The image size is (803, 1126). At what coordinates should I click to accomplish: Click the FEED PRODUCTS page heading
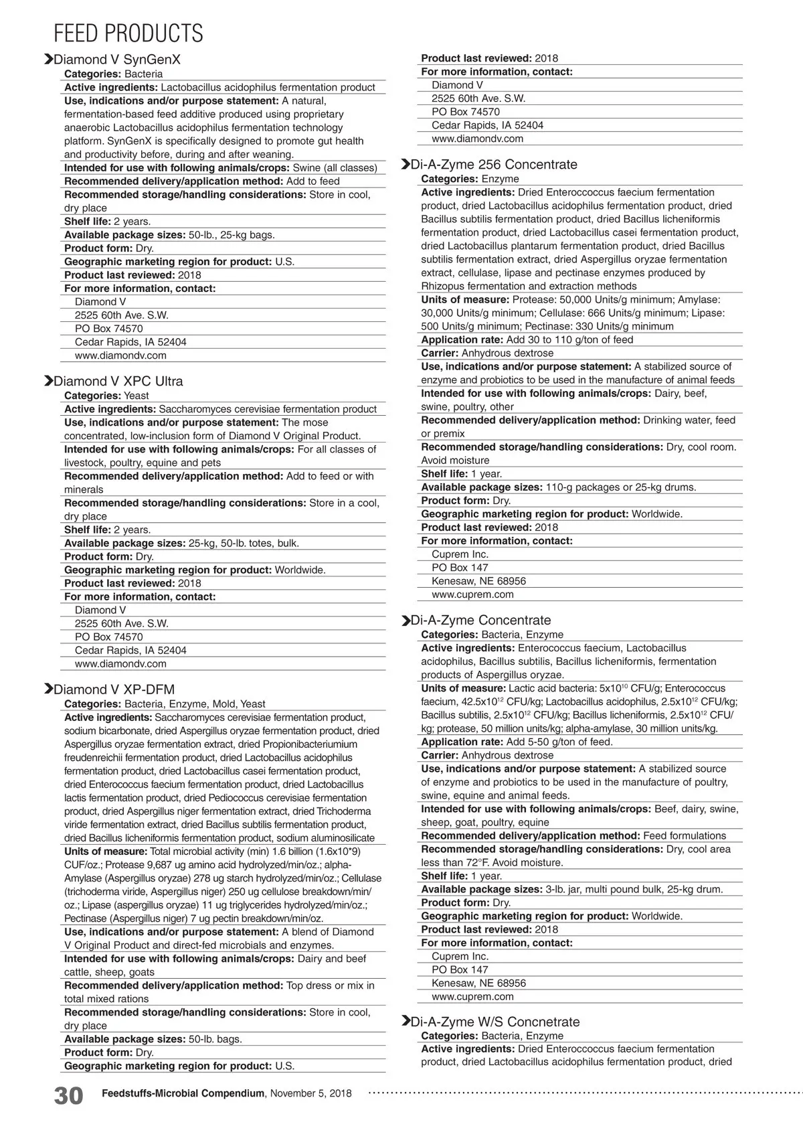click(128, 33)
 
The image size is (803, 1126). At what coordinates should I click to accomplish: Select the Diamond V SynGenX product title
click(117, 60)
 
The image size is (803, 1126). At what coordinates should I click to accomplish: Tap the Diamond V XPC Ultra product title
click(118, 381)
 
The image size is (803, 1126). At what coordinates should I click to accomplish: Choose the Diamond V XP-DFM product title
click(114, 690)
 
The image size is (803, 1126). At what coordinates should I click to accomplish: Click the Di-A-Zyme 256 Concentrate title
click(494, 165)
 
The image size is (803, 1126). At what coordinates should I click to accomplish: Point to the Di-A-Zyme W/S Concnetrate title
click(495, 1022)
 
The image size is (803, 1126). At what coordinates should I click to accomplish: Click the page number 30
click(69, 1096)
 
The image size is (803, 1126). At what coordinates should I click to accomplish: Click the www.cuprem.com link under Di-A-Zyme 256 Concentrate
click(472, 594)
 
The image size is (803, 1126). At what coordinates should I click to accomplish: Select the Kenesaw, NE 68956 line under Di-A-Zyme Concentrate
click(478, 983)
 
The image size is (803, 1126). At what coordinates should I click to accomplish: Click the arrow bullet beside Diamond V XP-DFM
click(48, 690)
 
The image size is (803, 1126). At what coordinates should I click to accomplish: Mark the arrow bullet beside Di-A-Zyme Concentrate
click(406, 621)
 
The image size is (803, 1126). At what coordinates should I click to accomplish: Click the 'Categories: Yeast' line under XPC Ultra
click(106, 396)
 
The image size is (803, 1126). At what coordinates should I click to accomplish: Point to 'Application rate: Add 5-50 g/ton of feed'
click(517, 742)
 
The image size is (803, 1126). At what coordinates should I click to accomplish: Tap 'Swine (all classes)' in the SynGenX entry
click(335, 168)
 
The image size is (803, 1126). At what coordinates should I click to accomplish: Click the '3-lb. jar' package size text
click(565, 889)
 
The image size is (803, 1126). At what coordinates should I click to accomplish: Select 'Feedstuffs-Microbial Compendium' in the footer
click(183, 1093)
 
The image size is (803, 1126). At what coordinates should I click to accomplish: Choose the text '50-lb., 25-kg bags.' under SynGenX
click(232, 235)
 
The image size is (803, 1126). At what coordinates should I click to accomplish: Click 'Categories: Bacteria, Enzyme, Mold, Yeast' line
click(165, 704)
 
